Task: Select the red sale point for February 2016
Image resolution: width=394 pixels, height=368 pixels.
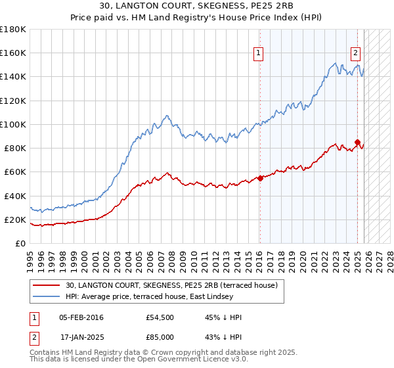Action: (260, 177)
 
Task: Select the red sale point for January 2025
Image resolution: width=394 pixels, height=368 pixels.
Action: (358, 141)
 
